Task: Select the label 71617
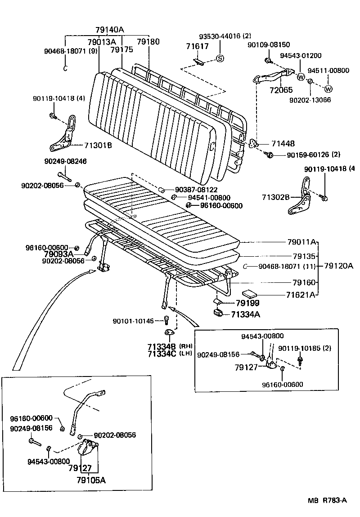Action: coord(197,46)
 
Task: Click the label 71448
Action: coord(283,144)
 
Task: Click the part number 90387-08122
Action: coord(197,190)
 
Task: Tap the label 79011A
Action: coord(301,242)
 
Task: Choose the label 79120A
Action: coord(338,266)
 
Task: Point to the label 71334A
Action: coord(246,314)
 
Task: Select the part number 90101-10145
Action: coord(133,321)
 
